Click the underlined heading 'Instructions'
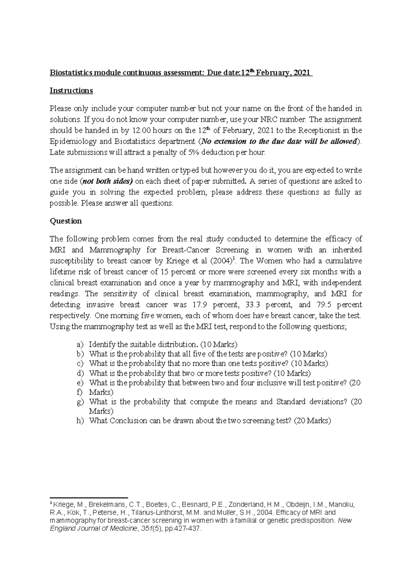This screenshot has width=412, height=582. tap(71, 91)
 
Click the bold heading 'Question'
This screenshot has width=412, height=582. tap(66, 221)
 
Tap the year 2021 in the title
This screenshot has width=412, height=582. tap(301, 73)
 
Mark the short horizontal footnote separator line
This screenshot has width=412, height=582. tap(89, 497)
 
